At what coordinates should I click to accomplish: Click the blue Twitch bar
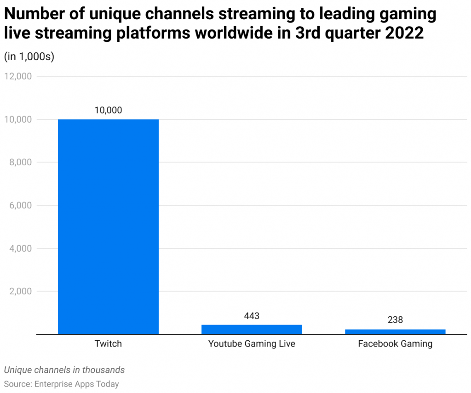pyautogui.click(x=108, y=226)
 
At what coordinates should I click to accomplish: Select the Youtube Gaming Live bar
pyautogui.click(x=252, y=329)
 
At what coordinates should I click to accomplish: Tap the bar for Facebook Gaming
pyautogui.click(x=395, y=331)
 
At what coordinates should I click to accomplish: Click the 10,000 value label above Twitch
pyautogui.click(x=108, y=110)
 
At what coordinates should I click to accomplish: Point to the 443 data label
pyautogui.click(x=252, y=316)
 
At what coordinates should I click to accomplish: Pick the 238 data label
pyautogui.click(x=395, y=320)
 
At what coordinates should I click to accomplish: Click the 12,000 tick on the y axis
pyautogui.click(x=17, y=76)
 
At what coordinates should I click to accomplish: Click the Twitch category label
pyautogui.click(x=108, y=343)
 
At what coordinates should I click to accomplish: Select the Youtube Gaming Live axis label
pyautogui.click(x=252, y=343)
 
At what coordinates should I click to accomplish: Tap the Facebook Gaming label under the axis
pyautogui.click(x=395, y=343)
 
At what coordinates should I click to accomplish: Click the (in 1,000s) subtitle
pyautogui.click(x=29, y=56)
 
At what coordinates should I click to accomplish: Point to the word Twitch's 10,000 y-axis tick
pyautogui.click(x=17, y=119)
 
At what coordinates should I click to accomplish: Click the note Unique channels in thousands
pyautogui.click(x=64, y=370)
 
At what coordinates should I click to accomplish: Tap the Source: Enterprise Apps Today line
pyautogui.click(x=62, y=384)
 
